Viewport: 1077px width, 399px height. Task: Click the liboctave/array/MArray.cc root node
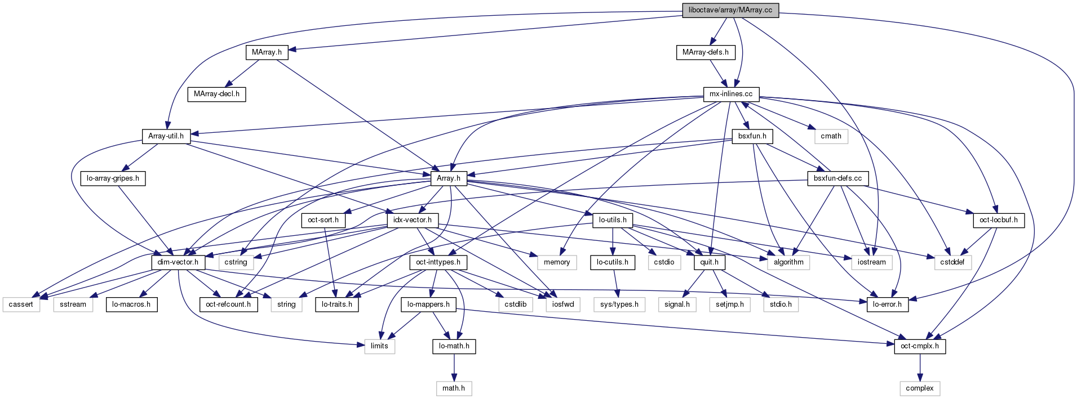pos(730,10)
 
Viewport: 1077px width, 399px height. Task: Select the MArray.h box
pos(267,52)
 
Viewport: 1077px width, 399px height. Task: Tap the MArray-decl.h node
pos(216,94)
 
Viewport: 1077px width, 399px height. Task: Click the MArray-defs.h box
pos(705,52)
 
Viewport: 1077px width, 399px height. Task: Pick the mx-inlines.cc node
pos(730,94)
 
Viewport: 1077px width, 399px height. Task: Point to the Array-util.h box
pos(166,136)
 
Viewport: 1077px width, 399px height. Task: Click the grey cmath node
pos(831,136)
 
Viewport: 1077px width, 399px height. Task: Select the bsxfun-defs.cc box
pos(837,178)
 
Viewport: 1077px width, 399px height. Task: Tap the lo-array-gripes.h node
pos(113,178)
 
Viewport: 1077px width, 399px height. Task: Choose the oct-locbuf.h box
pos(998,220)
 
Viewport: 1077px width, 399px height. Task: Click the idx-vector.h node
pos(413,220)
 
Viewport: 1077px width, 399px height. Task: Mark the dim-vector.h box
pos(178,262)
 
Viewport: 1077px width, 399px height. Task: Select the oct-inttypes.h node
pos(438,262)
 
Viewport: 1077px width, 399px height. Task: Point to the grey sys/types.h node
pos(619,304)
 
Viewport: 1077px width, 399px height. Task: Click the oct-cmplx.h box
pos(919,346)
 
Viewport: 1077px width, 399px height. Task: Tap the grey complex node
pos(919,388)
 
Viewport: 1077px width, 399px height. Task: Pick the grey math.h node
pos(454,388)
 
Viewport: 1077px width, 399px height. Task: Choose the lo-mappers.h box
pos(428,304)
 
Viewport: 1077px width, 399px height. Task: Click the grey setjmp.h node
pos(729,304)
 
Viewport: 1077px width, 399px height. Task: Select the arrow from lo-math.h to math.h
pos(454,367)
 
